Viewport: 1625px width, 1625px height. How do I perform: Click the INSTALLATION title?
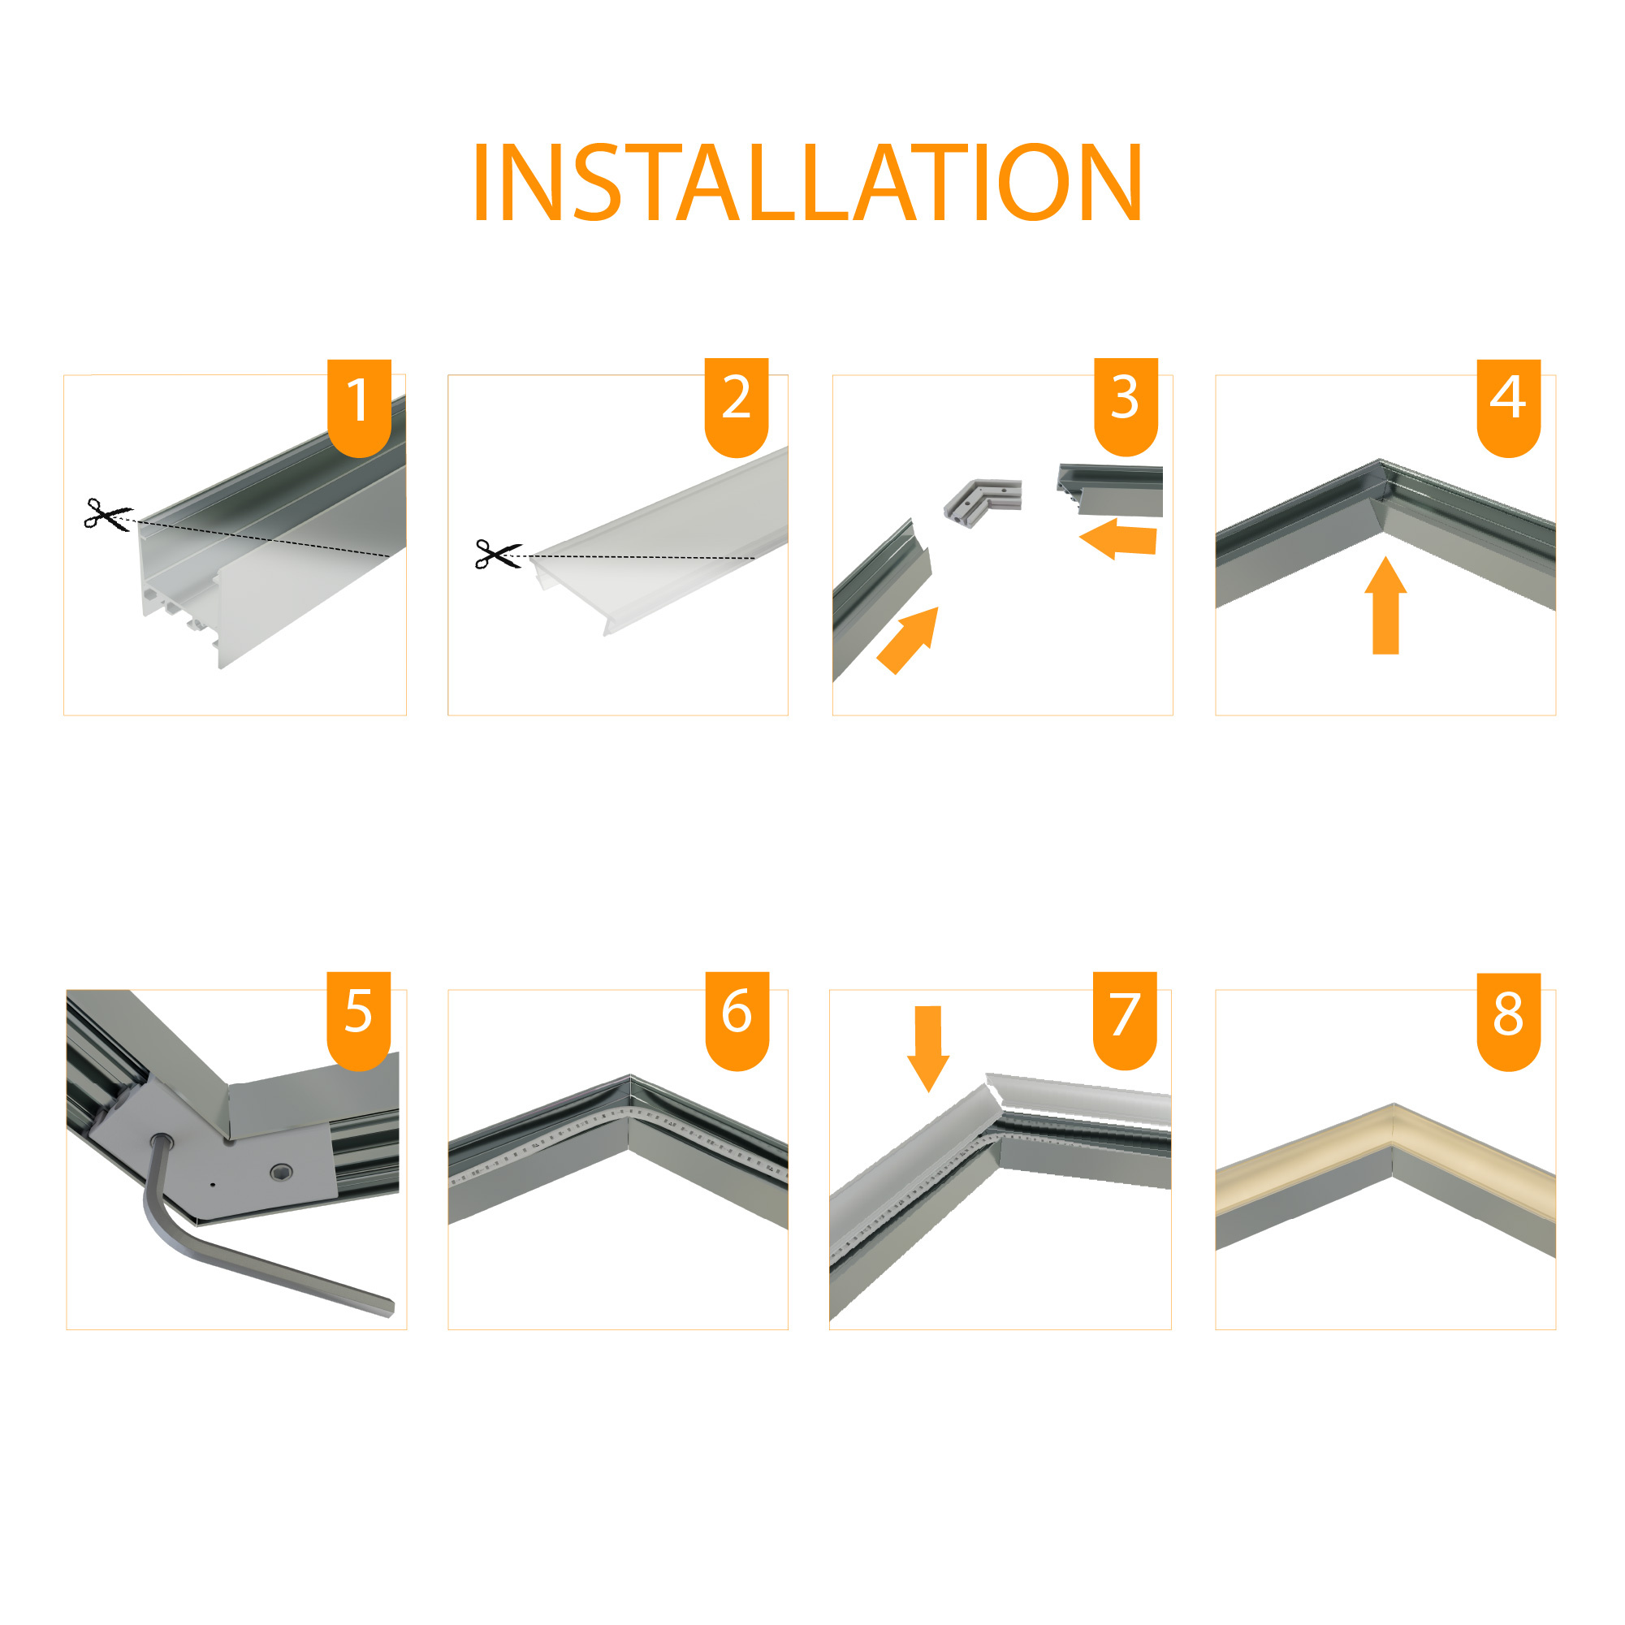point(807,182)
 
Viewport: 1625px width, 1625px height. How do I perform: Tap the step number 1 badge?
point(359,408)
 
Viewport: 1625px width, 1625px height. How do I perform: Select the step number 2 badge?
point(737,408)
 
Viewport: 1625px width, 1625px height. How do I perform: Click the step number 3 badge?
point(1126,407)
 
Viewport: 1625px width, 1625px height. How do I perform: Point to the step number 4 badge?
point(1509,408)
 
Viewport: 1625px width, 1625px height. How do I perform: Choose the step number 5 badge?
point(359,1021)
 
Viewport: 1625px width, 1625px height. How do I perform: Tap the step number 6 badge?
point(737,1021)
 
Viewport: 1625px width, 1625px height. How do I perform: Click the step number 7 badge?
point(1126,1020)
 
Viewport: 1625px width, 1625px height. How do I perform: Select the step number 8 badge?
point(1509,1022)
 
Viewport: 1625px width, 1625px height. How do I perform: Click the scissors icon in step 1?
point(108,514)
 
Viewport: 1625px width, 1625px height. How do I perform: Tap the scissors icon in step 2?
point(498,555)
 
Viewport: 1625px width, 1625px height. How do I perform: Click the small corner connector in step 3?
point(983,502)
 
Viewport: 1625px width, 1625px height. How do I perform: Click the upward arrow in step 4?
point(1385,606)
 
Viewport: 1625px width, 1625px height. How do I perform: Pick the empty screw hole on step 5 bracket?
point(282,1173)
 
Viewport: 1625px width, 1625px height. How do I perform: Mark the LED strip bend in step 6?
point(629,1111)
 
